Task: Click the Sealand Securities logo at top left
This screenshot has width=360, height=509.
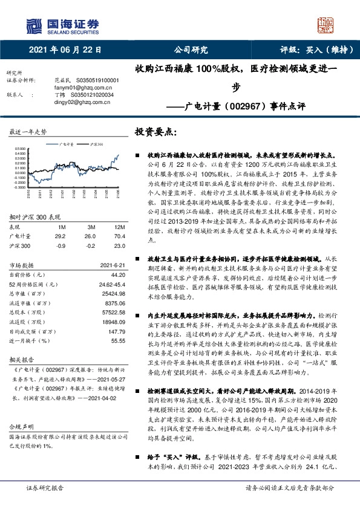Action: pyautogui.click(x=61, y=25)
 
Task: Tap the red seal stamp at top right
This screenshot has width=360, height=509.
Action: pyautogui.click(x=326, y=24)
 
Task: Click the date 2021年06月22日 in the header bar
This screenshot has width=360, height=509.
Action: pyautogui.click(x=65, y=50)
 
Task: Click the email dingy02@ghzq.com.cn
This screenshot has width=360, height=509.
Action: pyautogui.click(x=79, y=102)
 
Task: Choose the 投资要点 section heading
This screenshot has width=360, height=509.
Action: pyautogui.click(x=155, y=132)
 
